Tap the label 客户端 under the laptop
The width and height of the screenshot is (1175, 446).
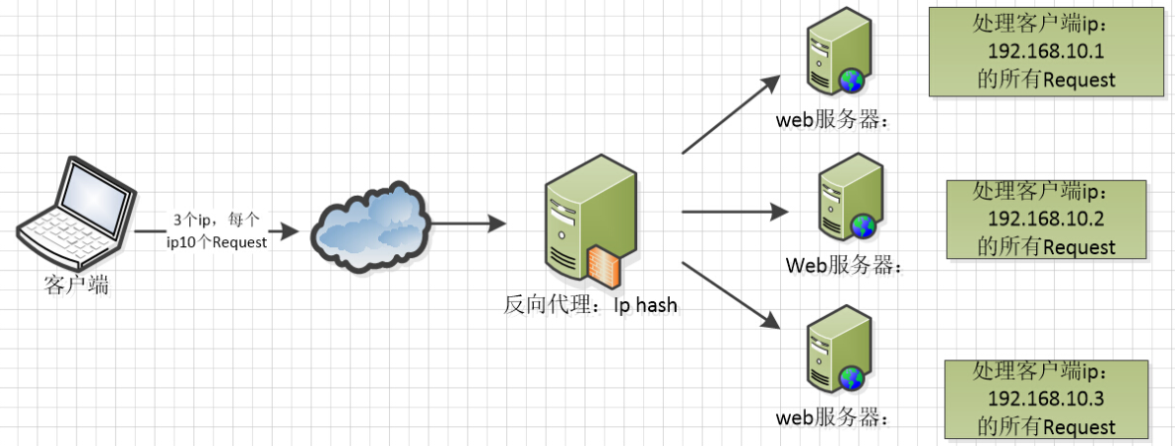click(x=76, y=287)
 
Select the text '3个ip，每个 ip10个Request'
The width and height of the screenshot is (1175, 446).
click(x=217, y=232)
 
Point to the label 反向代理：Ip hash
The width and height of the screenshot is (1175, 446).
click(x=590, y=305)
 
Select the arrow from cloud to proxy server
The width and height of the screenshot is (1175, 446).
click(x=468, y=225)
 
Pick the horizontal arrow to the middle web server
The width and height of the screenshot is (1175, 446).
click(x=734, y=211)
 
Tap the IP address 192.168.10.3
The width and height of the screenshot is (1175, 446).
click(x=1047, y=399)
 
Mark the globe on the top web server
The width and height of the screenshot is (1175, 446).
click(x=851, y=81)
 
